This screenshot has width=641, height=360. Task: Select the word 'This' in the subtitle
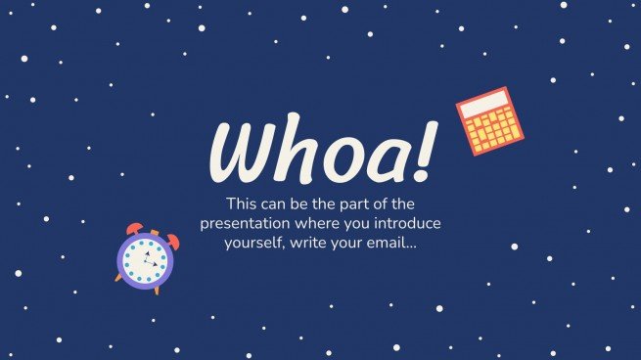(x=243, y=204)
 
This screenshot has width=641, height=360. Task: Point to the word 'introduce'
(x=407, y=223)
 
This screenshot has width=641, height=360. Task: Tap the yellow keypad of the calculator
(x=494, y=128)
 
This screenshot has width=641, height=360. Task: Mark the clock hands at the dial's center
(x=148, y=260)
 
